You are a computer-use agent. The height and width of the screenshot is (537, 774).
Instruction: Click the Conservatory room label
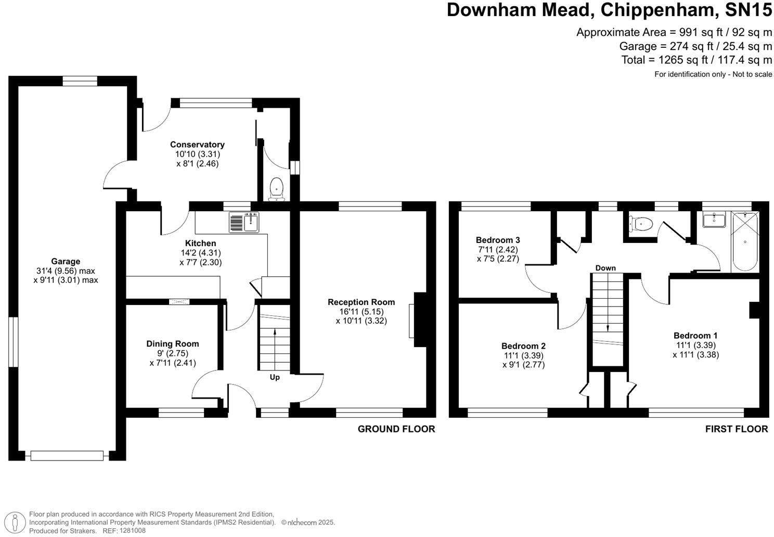[x=197, y=145]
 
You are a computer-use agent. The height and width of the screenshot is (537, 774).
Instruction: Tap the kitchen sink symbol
[x=244, y=222]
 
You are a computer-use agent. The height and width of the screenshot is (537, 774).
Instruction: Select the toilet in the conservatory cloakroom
[x=276, y=189]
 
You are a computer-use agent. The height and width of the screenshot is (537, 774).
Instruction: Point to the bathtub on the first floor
[x=745, y=241]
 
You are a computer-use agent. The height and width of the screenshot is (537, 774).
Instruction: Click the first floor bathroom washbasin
[x=714, y=220]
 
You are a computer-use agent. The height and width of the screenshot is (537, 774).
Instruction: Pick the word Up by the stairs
[x=275, y=377]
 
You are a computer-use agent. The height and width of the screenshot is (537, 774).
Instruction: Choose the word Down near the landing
[x=605, y=268]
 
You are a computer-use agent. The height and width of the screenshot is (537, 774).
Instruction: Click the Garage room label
[x=66, y=261]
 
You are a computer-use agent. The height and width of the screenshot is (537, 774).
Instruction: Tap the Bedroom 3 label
[x=498, y=240]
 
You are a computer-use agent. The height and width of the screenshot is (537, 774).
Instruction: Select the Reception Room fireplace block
[x=420, y=319]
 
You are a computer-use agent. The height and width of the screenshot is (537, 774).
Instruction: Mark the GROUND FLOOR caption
[x=396, y=429]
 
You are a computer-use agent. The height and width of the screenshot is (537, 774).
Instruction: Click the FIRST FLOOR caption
[x=737, y=429]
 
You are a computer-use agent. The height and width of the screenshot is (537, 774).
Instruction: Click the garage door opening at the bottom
[x=67, y=455]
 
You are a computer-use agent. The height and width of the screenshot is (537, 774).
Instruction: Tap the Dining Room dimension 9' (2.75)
[x=172, y=353]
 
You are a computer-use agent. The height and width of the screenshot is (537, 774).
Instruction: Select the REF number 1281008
[x=133, y=531]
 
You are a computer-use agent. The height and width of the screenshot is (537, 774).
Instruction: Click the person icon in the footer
[x=15, y=522]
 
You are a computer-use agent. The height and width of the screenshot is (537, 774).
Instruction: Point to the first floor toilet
[x=640, y=224]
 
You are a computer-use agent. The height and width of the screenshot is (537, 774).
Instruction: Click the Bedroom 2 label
[x=523, y=346]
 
